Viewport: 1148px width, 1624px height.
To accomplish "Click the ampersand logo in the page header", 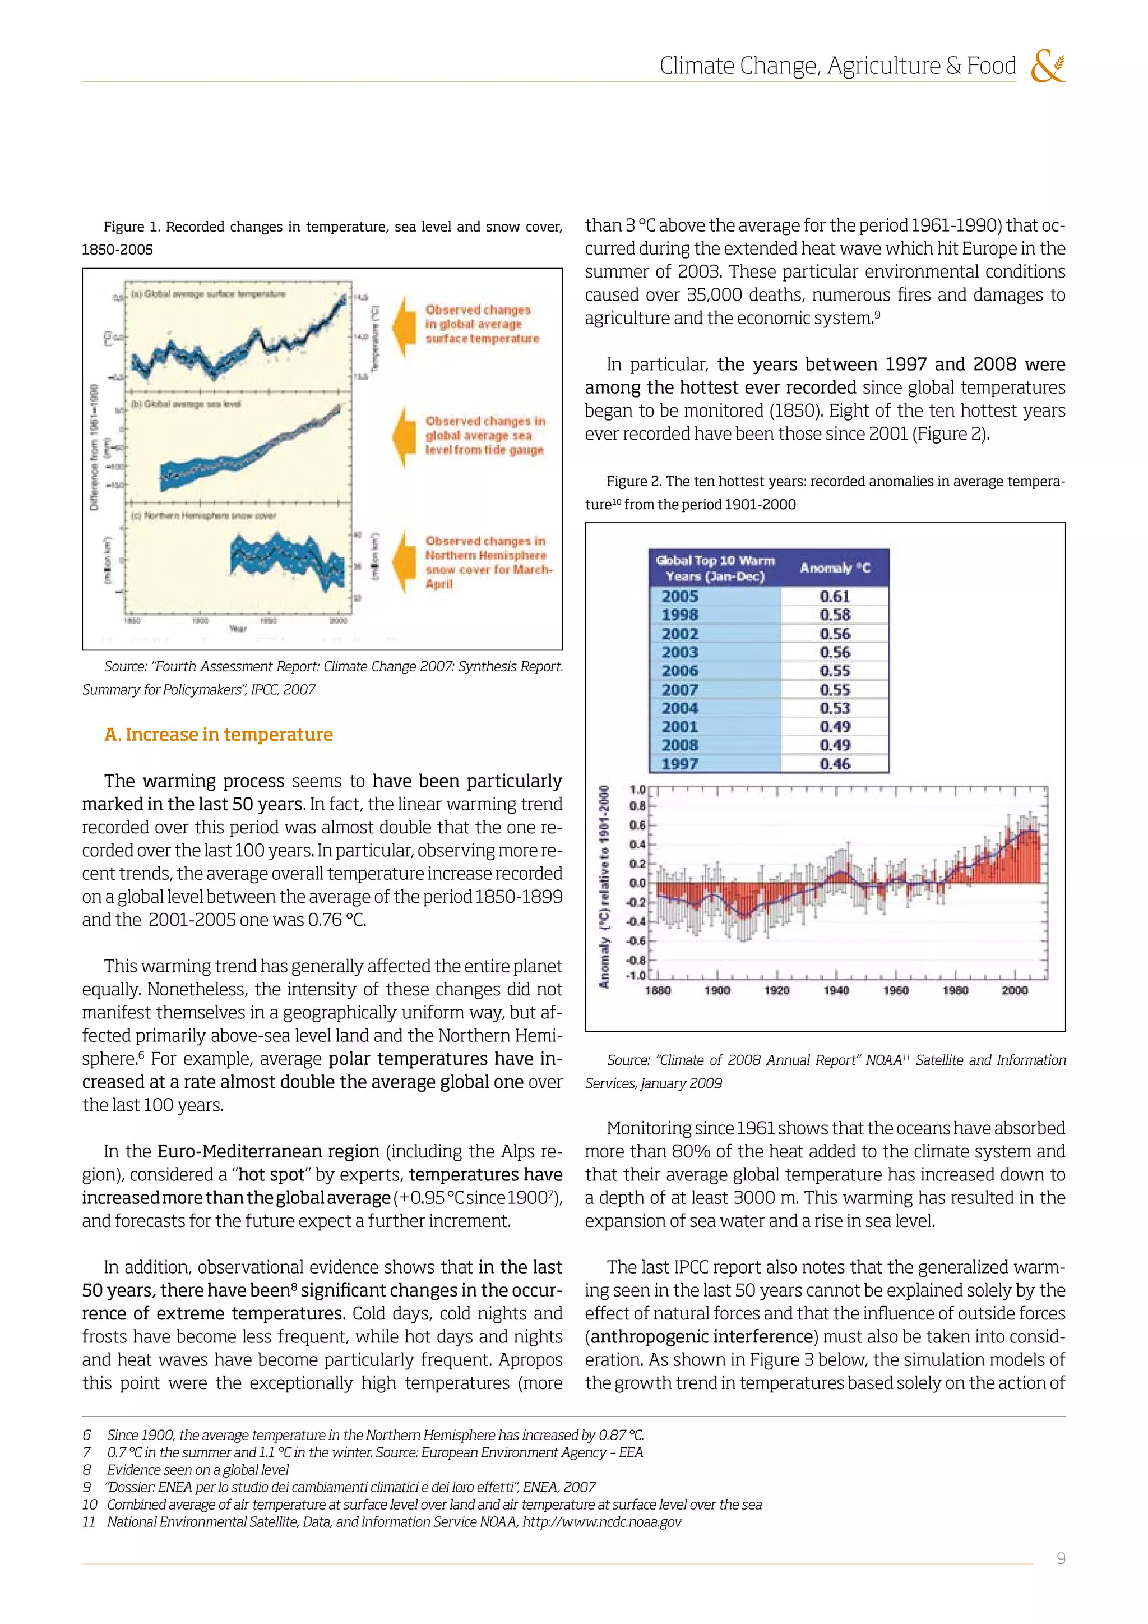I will [x=1048, y=67].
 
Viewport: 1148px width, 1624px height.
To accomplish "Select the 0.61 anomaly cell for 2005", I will [x=834, y=596].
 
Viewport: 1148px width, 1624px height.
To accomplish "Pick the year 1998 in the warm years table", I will [x=680, y=615].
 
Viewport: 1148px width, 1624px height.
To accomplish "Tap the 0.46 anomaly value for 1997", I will [x=834, y=764].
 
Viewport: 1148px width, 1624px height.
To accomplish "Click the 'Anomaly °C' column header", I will [x=835, y=568].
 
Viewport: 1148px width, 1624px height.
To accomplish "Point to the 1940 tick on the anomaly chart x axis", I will [x=836, y=990].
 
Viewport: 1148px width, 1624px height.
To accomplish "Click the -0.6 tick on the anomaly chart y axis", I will [x=637, y=941].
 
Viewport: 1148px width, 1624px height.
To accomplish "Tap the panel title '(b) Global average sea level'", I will [x=186, y=404].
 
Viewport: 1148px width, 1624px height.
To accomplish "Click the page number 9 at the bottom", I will [x=1061, y=1558].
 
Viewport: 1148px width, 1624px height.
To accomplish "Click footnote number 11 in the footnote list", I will [x=89, y=1521].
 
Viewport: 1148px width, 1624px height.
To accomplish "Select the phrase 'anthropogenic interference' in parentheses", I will [x=701, y=1337].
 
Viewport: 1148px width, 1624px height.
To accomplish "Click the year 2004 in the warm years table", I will [x=680, y=708].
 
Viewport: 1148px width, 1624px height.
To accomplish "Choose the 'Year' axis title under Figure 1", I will [x=238, y=628].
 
